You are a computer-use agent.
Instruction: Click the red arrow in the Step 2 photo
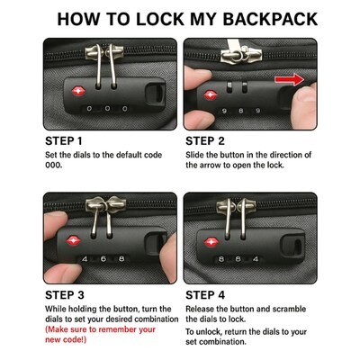pyautogui.click(x=290, y=79)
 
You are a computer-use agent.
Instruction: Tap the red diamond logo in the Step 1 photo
pyautogui.click(x=78, y=91)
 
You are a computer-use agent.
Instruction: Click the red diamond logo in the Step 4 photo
pyautogui.click(x=211, y=242)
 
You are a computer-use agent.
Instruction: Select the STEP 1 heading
pyautogui.click(x=64, y=141)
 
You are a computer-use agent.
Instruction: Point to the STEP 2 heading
pyautogui.click(x=205, y=141)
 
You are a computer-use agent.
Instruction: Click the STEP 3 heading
pyautogui.click(x=65, y=295)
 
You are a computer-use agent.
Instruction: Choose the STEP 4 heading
pyautogui.click(x=205, y=295)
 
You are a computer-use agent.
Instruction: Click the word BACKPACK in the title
pyautogui.click(x=270, y=19)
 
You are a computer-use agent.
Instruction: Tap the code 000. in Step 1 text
pyautogui.click(x=54, y=165)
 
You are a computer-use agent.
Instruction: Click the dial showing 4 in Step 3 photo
pyautogui.click(x=85, y=258)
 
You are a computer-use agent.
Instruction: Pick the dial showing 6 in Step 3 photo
pyautogui.click(x=103, y=258)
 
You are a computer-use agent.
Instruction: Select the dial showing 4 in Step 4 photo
pyautogui.click(x=256, y=258)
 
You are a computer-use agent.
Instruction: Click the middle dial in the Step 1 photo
pyautogui.click(x=107, y=108)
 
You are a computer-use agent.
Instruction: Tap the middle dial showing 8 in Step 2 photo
pyautogui.click(x=240, y=111)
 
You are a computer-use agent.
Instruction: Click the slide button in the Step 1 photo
pyautogui.click(x=156, y=94)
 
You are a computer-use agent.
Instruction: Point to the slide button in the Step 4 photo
pyautogui.click(x=292, y=245)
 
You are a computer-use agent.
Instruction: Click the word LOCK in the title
pyautogui.click(x=160, y=19)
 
